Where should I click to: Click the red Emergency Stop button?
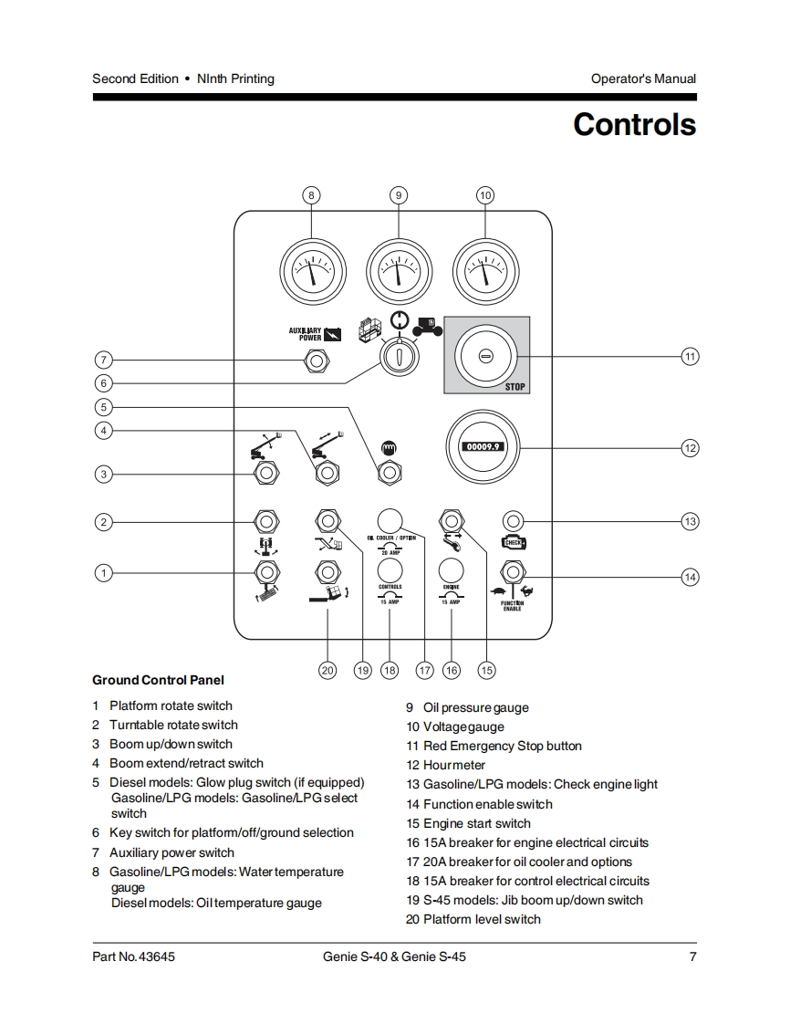[x=485, y=355]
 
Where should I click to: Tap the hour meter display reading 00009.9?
[x=479, y=447]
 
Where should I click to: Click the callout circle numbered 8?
[x=311, y=195]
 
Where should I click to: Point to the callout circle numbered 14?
[x=690, y=576]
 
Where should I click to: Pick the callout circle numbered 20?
[x=327, y=670]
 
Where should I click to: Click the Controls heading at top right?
[x=634, y=124]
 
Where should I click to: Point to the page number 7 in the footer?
[x=692, y=957]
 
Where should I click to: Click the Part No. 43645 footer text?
[x=133, y=957]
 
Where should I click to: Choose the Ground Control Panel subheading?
[x=158, y=680]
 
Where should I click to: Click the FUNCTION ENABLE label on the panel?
[x=512, y=606]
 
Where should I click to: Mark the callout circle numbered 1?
[x=104, y=573]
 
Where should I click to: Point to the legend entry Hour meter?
[x=453, y=765]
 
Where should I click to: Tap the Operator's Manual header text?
[x=643, y=78]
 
